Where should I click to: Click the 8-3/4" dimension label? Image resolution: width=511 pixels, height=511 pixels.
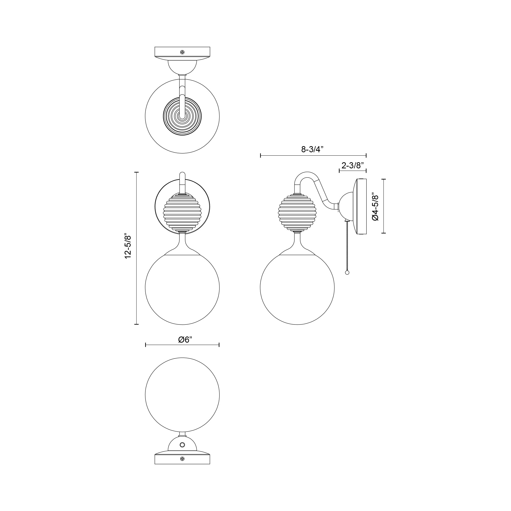(312, 149)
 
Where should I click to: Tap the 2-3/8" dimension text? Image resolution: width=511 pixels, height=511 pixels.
(353, 166)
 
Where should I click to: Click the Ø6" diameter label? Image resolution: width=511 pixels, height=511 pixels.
(185, 340)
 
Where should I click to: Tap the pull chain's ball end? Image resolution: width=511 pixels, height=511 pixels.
(347, 273)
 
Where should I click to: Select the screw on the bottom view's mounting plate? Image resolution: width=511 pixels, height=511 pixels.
(182, 459)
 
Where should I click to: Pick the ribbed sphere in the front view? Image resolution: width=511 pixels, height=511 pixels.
(182, 212)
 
